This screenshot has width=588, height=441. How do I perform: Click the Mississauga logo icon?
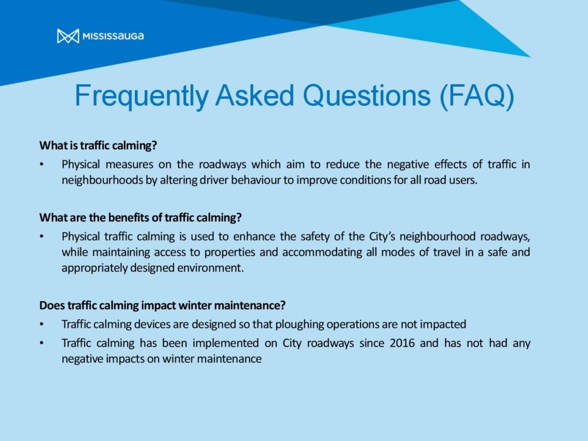68,36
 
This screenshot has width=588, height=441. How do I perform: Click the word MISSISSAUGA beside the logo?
113,36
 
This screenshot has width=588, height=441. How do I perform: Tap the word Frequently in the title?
141,96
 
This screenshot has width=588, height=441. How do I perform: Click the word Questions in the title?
366,95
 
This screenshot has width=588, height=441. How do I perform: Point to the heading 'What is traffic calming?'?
98,145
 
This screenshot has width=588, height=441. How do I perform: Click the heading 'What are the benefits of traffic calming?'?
140,218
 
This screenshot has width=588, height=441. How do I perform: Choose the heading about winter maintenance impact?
163,305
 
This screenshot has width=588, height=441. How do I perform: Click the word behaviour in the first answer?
256,180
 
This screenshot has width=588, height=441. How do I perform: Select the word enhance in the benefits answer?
254,237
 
